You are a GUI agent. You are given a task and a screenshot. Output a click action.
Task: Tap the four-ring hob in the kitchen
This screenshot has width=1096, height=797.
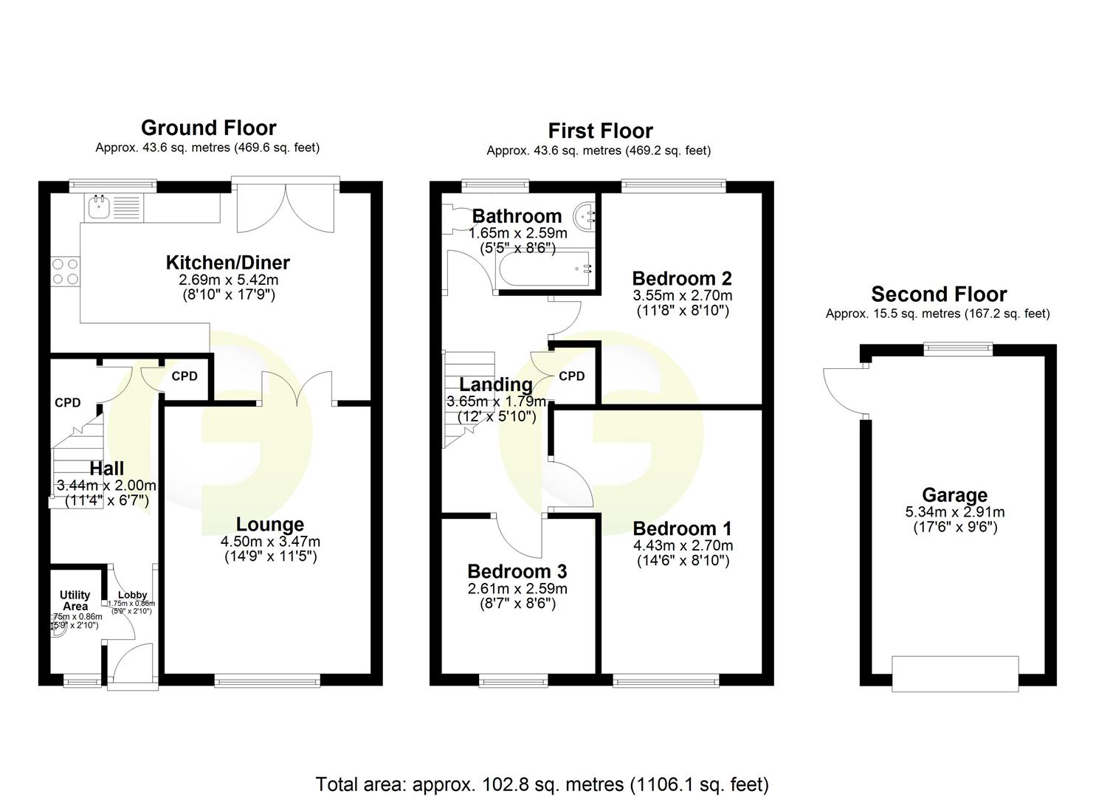click(65, 272)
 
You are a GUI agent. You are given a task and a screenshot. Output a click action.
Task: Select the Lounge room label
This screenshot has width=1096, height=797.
click(269, 525)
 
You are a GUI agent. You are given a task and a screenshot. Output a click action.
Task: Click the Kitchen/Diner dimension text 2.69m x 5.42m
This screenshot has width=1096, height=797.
click(228, 280)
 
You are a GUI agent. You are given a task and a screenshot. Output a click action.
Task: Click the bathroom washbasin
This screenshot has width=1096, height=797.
click(587, 216)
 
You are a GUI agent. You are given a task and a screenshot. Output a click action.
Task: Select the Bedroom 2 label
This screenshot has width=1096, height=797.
click(681, 279)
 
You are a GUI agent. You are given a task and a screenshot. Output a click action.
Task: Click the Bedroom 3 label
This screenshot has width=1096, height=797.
click(517, 571)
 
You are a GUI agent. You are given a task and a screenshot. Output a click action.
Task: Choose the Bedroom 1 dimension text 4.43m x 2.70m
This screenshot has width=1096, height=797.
click(683, 546)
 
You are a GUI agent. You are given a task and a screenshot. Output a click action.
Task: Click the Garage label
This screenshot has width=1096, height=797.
click(954, 495)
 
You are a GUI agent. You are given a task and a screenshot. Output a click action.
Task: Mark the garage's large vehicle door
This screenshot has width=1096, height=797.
click(954, 673)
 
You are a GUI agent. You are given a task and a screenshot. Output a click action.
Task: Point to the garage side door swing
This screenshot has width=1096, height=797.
click(844, 391)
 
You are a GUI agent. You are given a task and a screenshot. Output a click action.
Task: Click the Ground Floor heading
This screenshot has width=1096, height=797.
click(208, 128)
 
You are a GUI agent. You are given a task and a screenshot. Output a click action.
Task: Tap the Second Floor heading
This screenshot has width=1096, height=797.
click(938, 294)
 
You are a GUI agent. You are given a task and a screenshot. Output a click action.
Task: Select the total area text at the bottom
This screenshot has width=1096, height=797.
click(542, 784)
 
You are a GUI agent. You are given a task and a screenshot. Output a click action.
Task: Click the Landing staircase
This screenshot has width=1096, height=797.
click(468, 398)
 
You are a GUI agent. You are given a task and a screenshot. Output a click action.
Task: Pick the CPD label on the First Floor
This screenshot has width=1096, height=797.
click(571, 376)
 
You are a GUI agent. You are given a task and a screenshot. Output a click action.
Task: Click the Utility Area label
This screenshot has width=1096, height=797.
click(75, 600)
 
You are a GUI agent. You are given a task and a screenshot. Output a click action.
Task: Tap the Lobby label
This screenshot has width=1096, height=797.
click(133, 595)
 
